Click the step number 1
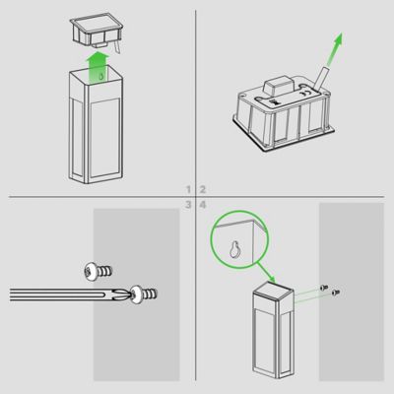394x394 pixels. [x=188, y=189]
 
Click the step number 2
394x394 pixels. [x=203, y=189]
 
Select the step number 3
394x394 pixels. [x=188, y=205]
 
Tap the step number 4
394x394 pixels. [x=203, y=205]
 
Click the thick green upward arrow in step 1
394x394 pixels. [x=98, y=66]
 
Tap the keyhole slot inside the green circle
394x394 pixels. [x=234, y=250]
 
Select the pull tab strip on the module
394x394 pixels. [x=320, y=78]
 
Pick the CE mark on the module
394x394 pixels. [x=304, y=93]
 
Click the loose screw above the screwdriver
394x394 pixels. [x=98, y=272]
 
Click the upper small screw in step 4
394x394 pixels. [x=324, y=288]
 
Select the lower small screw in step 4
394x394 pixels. [x=336, y=292]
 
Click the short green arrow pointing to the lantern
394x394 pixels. [x=266, y=272]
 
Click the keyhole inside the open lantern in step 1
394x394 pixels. [x=101, y=77]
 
